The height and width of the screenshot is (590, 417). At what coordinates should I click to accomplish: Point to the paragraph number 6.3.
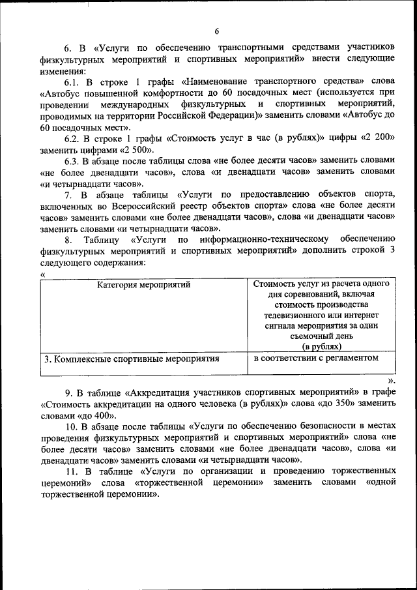point(72,161)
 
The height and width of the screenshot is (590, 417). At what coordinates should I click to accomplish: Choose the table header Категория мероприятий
point(144,285)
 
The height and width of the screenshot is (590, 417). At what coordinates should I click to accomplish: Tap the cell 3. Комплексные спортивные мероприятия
point(132,359)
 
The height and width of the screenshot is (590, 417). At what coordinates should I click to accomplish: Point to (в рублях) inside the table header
point(321,347)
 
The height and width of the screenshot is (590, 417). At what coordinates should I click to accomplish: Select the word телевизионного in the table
point(287,316)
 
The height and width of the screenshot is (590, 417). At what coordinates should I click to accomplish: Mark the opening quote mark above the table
point(42,274)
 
